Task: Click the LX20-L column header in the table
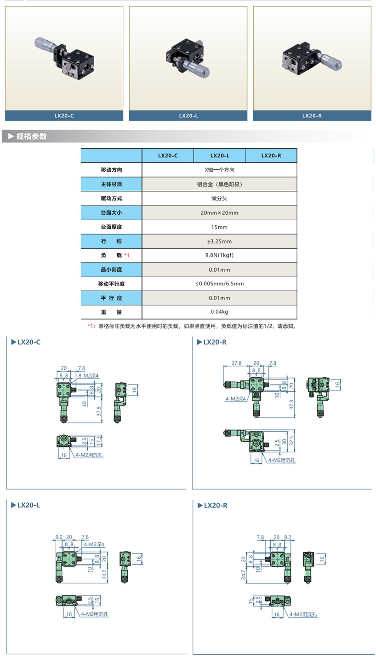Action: pyautogui.click(x=219, y=156)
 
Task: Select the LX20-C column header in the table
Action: pyautogui.click(x=168, y=156)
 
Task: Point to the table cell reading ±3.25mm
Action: pyautogui.click(x=219, y=241)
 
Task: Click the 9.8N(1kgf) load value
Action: pyautogui.click(x=219, y=256)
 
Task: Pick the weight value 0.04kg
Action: pyautogui.click(x=219, y=312)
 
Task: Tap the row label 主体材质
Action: pyautogui.click(x=111, y=184)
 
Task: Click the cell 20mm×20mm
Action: pyautogui.click(x=219, y=213)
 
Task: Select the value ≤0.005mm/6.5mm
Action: pyautogui.click(x=219, y=284)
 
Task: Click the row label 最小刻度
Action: pyautogui.click(x=111, y=270)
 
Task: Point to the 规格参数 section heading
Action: pyautogui.click(x=31, y=136)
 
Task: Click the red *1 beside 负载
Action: pyautogui.click(x=127, y=256)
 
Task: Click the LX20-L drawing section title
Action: pyautogui.click(x=28, y=505)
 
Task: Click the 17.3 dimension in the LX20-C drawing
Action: pyautogui.click(x=98, y=441)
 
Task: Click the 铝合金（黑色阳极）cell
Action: pyautogui.click(x=219, y=184)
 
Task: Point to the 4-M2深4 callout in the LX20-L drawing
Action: pyautogui.click(x=94, y=545)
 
